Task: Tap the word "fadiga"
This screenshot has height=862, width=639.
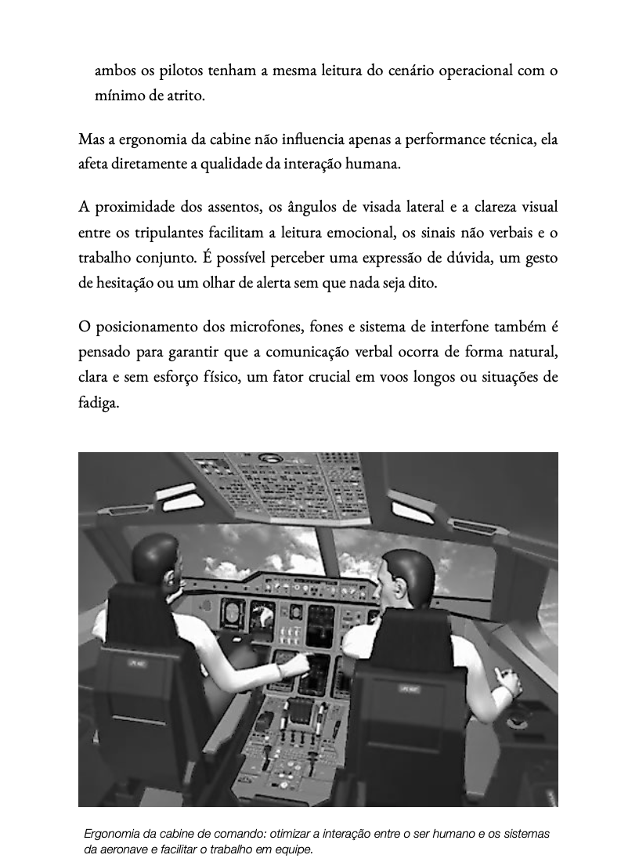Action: coord(98,402)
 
